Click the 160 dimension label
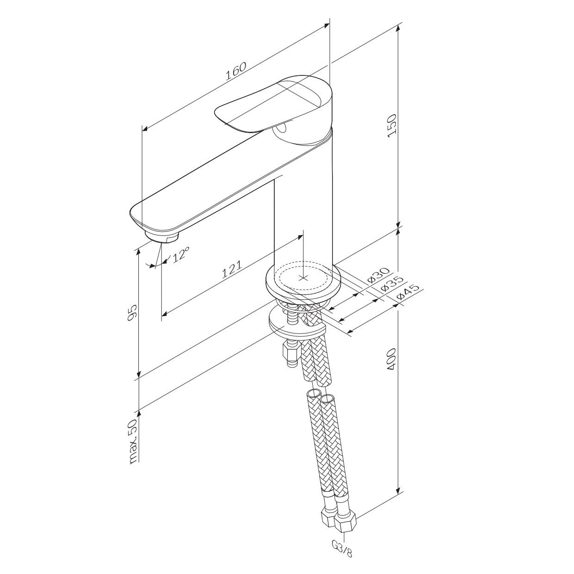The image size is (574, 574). [235, 71]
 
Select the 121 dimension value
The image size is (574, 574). [232, 269]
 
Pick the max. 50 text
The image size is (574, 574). [133, 441]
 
